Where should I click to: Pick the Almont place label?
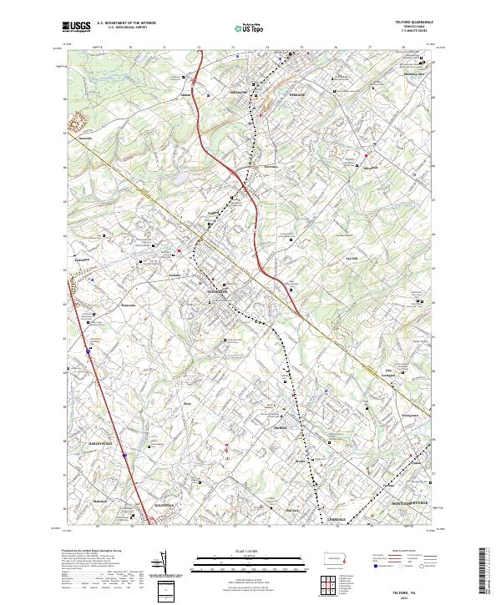pos(185,95)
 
